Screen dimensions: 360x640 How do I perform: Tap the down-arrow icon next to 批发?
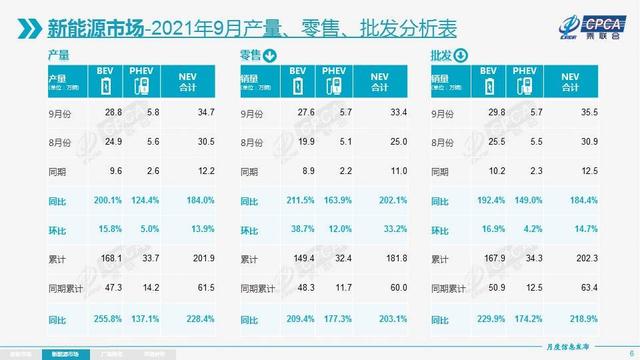tap(461, 55)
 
